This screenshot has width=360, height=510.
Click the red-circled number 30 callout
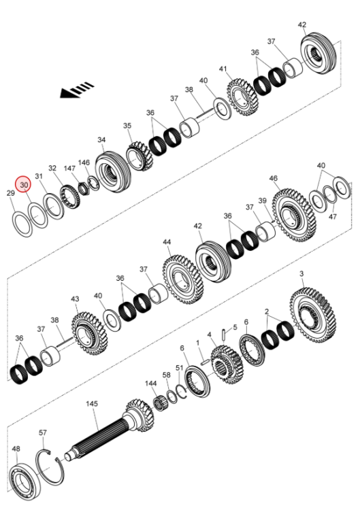(24, 184)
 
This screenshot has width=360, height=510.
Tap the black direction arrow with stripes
(77, 90)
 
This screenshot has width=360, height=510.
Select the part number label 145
(91, 404)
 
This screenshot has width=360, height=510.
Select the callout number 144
(150, 384)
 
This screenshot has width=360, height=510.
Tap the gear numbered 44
(182, 279)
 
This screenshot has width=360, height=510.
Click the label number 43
(75, 299)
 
